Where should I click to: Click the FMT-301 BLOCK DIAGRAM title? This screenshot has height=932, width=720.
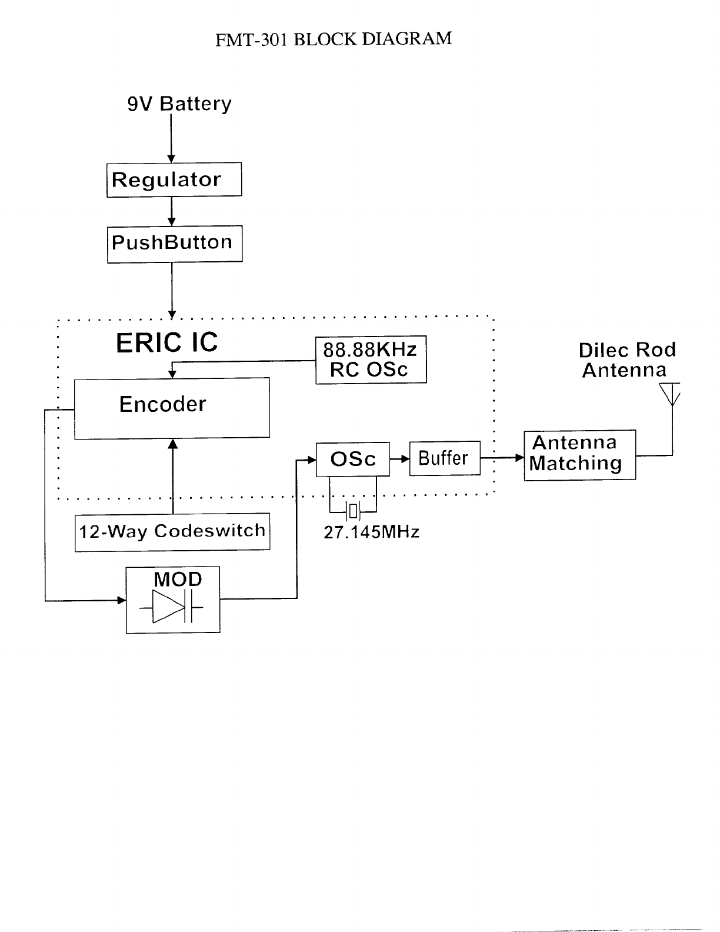coord(334,39)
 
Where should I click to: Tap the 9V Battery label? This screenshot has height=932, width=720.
coord(179,104)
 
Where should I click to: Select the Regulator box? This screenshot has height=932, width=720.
coord(174,179)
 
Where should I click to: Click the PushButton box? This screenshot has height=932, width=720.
coord(175,244)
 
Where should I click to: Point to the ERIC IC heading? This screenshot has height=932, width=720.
coord(166,342)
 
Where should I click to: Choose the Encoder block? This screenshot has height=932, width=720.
coord(172,407)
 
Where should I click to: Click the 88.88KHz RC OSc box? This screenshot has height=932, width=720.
coord(371,360)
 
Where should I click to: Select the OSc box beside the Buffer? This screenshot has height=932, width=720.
coord(353,459)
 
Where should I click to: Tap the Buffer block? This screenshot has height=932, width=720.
coord(444,458)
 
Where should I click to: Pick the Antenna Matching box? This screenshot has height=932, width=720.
coord(579,455)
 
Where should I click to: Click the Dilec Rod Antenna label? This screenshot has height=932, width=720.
coord(626,360)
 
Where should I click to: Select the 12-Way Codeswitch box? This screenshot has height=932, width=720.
coord(172,532)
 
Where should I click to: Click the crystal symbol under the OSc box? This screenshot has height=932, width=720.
coord(352,512)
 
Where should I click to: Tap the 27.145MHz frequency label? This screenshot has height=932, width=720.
coord(371,532)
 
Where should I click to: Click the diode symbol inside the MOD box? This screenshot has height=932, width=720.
coord(169,607)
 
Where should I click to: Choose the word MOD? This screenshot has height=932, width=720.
coord(178,580)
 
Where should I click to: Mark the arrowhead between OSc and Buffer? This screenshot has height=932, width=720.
coord(405,458)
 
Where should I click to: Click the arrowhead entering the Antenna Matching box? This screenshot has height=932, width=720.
coord(519,457)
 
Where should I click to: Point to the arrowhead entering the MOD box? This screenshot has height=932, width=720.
coord(122,600)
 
